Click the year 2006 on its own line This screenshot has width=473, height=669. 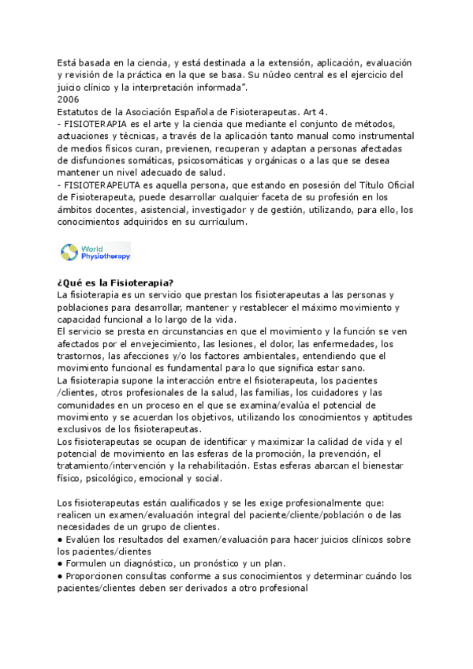pyautogui.click(x=69, y=99)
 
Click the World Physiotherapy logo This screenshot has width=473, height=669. pyautogui.click(x=95, y=252)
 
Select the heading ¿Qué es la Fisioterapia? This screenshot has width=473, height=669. pyautogui.click(x=116, y=283)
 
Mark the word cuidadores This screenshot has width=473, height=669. pyautogui.click(x=326, y=393)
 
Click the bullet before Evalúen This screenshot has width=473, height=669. pyautogui.click(x=60, y=540)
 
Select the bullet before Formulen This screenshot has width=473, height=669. pyautogui.click(x=60, y=564)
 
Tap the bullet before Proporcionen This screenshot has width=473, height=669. pyautogui.click(x=60, y=576)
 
